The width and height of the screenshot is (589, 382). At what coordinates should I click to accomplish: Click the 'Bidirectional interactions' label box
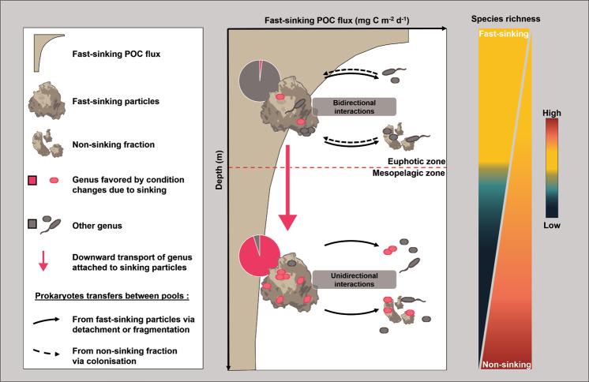pyautogui.click(x=352, y=107)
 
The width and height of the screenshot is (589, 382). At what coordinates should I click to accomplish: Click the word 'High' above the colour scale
pyautogui.click(x=553, y=114)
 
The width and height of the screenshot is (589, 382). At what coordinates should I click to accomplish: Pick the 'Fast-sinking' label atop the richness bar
pyautogui.click(x=502, y=36)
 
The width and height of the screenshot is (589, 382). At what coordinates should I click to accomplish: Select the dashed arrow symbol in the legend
pyautogui.click(x=48, y=351)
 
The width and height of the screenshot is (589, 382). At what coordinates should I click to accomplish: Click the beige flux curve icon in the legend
pyautogui.click(x=49, y=53)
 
